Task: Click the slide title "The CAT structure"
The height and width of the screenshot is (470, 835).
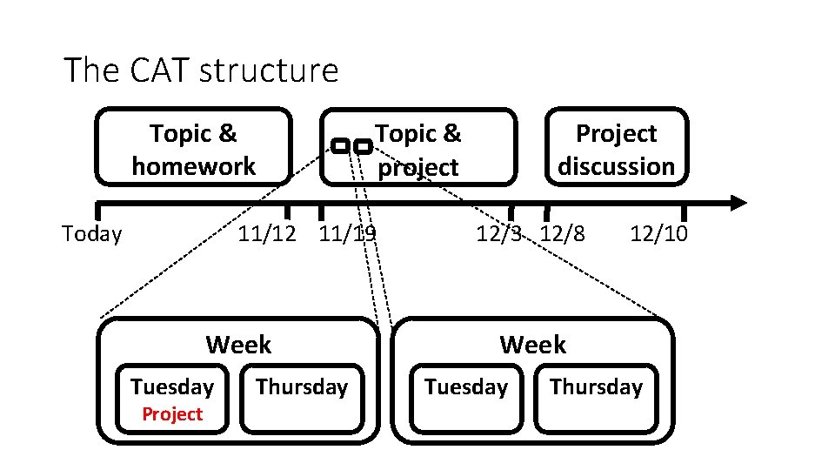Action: coord(201,70)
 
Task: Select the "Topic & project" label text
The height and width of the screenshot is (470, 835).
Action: coord(417,150)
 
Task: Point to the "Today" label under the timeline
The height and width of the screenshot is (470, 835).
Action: coord(92,233)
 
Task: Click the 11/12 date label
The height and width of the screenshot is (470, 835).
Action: coord(268,233)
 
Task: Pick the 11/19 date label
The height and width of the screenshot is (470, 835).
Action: coord(347,233)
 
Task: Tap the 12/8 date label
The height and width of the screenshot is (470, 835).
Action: coord(563,233)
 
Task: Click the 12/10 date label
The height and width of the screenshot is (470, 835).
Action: coord(658,233)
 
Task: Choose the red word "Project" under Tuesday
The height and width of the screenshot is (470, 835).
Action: coord(172,414)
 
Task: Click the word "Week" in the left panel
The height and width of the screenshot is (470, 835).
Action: coord(238,345)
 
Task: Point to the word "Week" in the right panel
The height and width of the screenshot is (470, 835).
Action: coord(532,345)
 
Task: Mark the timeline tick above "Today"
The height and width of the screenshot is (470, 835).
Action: coord(98,210)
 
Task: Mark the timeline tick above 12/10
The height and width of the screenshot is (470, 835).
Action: coord(684,211)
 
